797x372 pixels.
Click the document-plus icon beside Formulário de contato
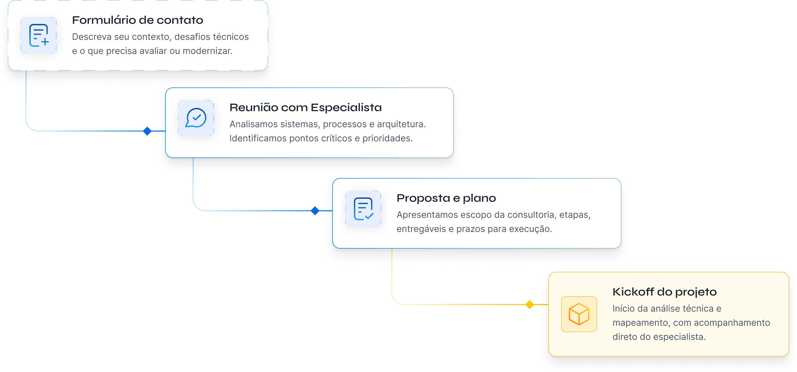pyautogui.click(x=39, y=35)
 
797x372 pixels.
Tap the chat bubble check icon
pyautogui.click(x=196, y=118)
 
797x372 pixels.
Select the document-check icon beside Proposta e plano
pyautogui.click(x=363, y=209)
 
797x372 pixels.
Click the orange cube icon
pyautogui.click(x=579, y=314)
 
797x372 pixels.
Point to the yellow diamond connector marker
pyautogui.click(x=529, y=304)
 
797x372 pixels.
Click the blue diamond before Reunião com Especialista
pyautogui.click(x=147, y=131)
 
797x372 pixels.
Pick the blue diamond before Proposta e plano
pyautogui.click(x=315, y=211)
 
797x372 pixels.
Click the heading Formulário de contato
pyautogui.click(x=138, y=20)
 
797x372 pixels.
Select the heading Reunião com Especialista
pyautogui.click(x=305, y=108)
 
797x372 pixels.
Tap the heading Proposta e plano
pyautogui.click(x=446, y=198)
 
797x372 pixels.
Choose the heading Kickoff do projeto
pyautogui.click(x=664, y=292)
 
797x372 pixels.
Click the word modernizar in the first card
pyautogui.click(x=207, y=51)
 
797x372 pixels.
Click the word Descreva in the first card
pyautogui.click(x=92, y=37)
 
